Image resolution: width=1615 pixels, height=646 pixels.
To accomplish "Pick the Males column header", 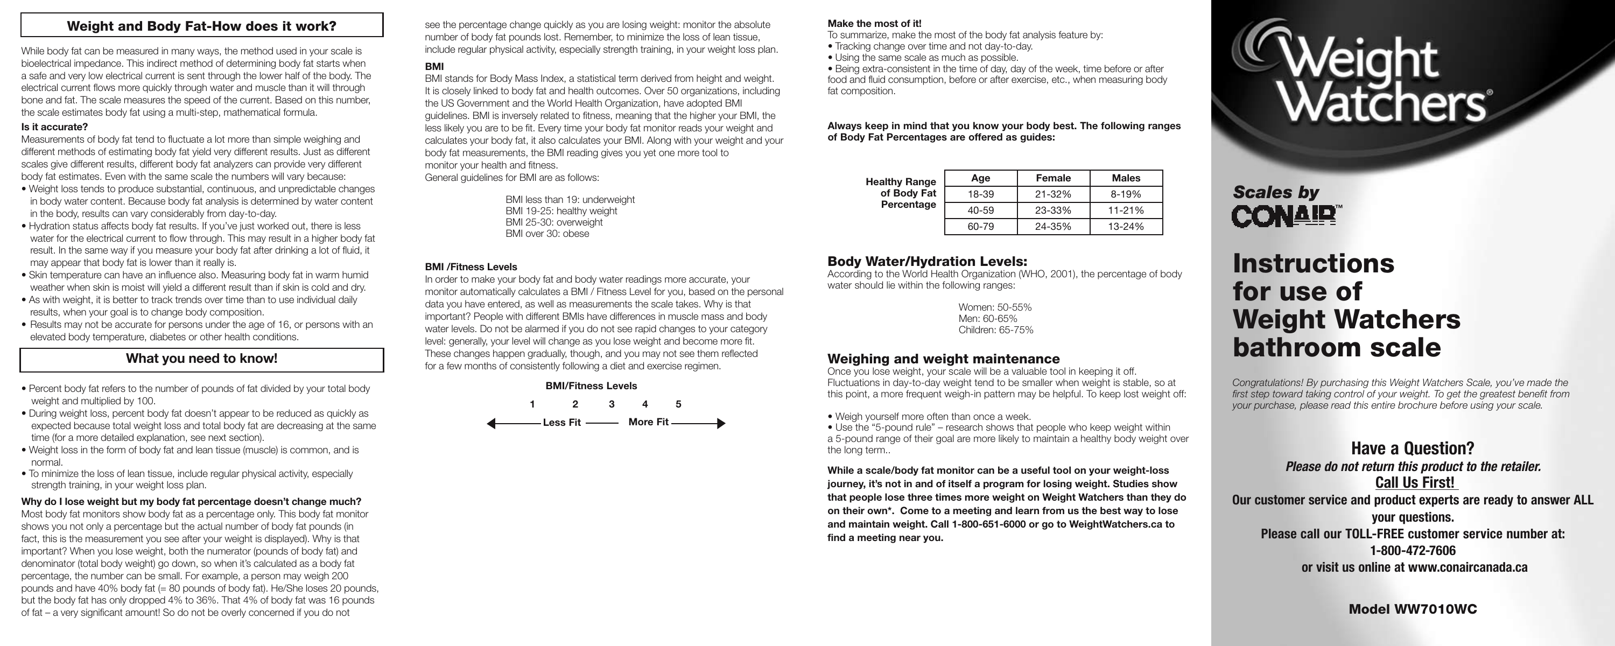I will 1126,178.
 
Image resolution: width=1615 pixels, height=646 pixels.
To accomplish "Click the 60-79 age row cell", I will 980,227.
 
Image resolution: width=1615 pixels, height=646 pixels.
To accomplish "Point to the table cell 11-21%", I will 1126,210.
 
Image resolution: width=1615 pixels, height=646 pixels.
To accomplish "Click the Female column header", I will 1054,178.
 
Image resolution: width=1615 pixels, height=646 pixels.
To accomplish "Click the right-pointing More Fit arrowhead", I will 721,423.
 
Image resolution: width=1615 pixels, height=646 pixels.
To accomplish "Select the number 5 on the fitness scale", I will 678,404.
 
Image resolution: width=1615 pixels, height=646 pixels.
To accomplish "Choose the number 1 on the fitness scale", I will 532,404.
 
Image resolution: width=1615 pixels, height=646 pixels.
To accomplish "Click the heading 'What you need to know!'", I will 202,359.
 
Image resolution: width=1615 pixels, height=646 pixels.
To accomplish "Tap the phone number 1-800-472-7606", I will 1413,551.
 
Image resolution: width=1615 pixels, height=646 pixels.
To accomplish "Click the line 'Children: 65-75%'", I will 995,330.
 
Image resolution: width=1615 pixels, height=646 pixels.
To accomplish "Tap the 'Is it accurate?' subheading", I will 54,127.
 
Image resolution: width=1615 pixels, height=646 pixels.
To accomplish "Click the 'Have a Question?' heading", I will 1413,448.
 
